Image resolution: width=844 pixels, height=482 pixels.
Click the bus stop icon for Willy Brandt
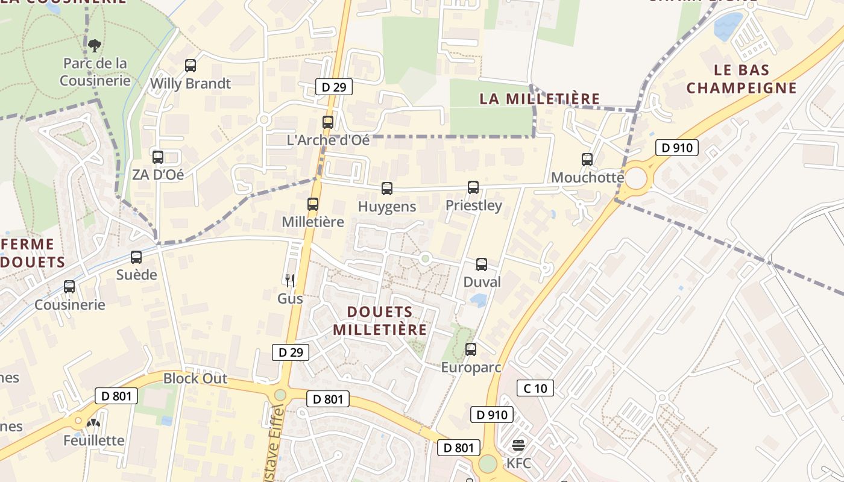[191, 66]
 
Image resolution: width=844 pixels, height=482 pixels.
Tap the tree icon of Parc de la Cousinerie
[95, 45]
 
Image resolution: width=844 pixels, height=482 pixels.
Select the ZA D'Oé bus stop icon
[158, 157]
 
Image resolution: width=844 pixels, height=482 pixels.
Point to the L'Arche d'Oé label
[328, 140]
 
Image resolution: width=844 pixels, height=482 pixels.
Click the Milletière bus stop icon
[312, 204]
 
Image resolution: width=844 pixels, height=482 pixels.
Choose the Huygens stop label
[387, 207]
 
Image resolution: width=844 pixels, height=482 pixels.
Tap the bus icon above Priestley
[473, 187]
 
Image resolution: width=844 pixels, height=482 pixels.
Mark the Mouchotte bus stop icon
[587, 160]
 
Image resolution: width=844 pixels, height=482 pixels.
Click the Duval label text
[482, 282]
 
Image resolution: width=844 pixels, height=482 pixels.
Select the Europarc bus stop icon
[471, 349]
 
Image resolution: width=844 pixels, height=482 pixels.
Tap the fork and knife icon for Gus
[290, 280]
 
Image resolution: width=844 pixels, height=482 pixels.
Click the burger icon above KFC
[518, 446]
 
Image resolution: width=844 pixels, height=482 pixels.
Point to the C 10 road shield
[535, 388]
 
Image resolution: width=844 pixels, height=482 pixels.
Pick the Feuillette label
[94, 440]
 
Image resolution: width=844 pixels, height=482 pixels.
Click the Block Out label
[195, 378]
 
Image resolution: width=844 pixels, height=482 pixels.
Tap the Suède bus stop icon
[136, 257]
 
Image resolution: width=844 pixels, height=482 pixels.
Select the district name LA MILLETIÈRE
[540, 99]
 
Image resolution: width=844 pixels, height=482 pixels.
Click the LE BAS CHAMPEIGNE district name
[742, 79]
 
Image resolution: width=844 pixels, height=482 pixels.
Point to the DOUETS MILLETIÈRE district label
[380, 321]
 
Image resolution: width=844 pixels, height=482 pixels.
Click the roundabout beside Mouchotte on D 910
[635, 178]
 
